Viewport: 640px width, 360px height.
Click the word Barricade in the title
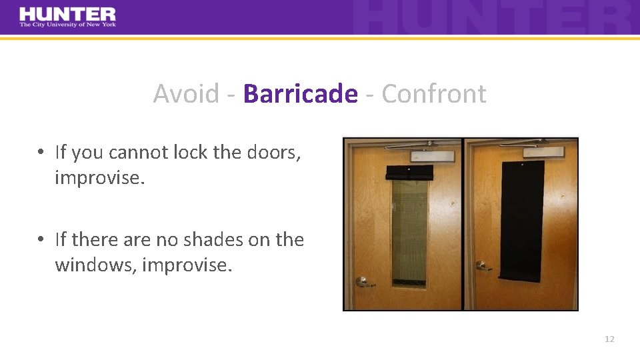(x=300, y=94)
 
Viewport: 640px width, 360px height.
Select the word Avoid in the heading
(x=186, y=94)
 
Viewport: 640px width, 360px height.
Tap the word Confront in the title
(x=433, y=94)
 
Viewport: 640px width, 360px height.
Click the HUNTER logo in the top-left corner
(x=67, y=15)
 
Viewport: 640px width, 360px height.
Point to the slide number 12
(x=609, y=339)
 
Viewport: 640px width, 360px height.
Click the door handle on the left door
(x=365, y=281)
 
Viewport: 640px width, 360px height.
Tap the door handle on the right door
(x=483, y=266)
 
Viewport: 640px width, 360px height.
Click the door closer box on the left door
(x=433, y=156)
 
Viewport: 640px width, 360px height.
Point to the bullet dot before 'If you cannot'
(x=41, y=153)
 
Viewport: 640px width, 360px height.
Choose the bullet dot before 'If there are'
(x=41, y=239)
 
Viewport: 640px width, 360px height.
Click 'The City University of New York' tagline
(x=67, y=25)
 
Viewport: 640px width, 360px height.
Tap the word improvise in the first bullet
(x=99, y=178)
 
